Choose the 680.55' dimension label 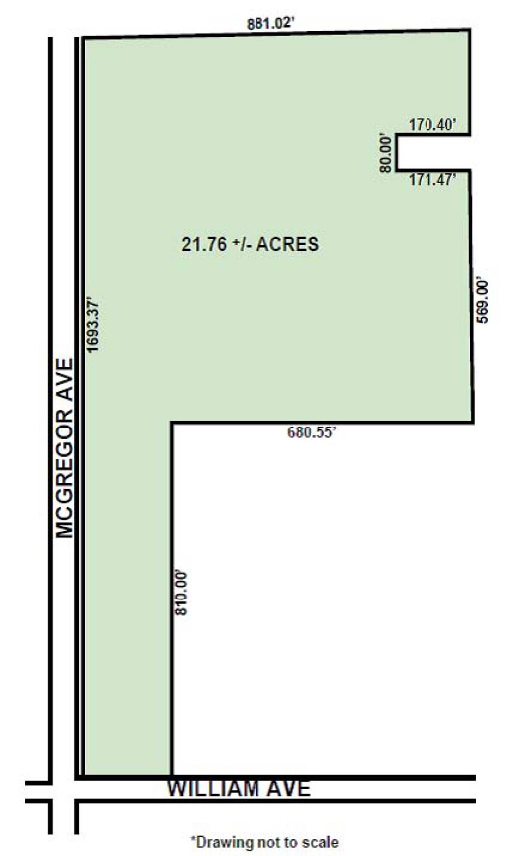[310, 432]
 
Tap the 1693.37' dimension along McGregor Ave [92, 325]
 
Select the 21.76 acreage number [204, 244]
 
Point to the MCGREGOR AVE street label [65, 448]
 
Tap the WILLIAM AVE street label [239, 788]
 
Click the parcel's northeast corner [470, 30]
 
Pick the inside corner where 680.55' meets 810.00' [172, 423]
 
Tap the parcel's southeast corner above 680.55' [473, 422]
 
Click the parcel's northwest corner [83, 39]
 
